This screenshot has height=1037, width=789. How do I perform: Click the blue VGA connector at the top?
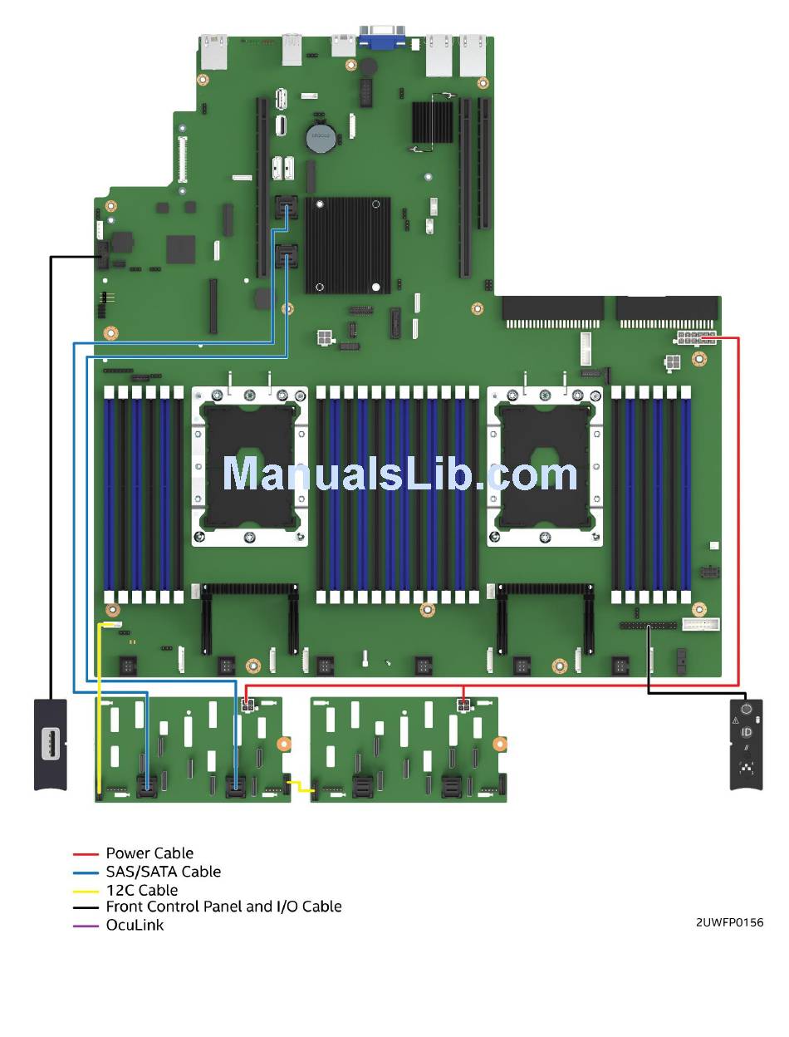(381, 37)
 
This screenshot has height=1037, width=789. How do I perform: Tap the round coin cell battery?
(321, 137)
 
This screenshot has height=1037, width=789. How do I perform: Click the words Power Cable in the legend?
(149, 853)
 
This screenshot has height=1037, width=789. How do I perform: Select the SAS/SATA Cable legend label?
(164, 871)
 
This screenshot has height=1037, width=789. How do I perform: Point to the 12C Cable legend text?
(142, 890)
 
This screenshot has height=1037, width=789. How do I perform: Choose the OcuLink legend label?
(135, 925)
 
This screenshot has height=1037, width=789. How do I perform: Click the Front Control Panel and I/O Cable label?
(223, 907)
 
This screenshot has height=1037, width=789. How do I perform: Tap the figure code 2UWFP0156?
(729, 922)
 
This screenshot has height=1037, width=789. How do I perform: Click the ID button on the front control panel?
(746, 732)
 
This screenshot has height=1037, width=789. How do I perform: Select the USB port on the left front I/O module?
(51, 744)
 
